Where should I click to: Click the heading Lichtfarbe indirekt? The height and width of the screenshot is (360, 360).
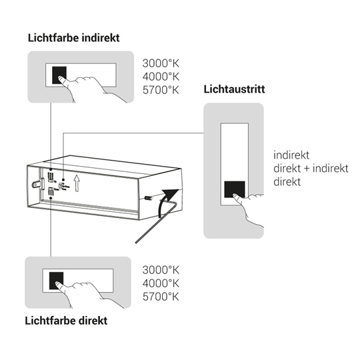[74, 38]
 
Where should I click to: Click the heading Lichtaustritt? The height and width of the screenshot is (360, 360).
[234, 89]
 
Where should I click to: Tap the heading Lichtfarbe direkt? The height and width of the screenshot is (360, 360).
[66, 321]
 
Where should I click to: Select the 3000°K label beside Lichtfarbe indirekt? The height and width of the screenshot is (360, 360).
[161, 63]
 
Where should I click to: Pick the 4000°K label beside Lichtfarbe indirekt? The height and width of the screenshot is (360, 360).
[161, 77]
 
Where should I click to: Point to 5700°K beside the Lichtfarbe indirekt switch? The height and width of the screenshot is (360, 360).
[161, 90]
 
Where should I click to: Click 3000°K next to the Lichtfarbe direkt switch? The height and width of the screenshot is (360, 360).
[161, 270]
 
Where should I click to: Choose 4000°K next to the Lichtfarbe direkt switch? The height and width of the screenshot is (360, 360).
[161, 283]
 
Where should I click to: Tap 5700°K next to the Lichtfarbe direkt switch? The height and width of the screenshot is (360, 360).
[161, 297]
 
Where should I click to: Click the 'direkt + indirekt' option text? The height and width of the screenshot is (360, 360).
[311, 169]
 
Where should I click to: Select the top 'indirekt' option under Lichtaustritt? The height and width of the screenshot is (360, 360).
[291, 155]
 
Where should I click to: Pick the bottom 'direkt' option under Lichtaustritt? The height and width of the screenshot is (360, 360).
[287, 182]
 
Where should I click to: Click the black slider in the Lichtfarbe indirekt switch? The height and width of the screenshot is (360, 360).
[59, 75]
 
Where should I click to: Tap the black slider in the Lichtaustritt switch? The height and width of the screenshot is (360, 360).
[235, 189]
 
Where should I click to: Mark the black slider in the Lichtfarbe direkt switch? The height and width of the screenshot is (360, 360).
[56, 281]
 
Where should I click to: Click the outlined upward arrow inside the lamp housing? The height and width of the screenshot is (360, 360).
[77, 183]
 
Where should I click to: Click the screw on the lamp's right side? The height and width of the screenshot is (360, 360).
[148, 197]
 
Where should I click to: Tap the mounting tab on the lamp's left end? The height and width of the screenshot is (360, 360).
[37, 184]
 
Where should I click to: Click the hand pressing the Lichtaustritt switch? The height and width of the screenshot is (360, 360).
[249, 208]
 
